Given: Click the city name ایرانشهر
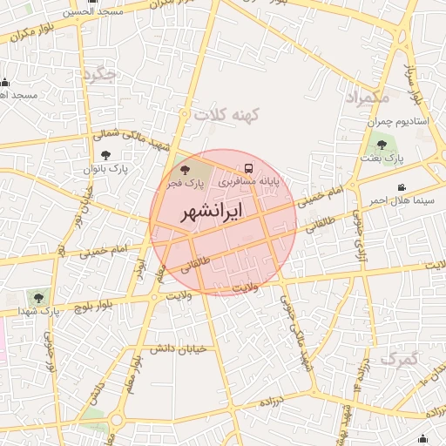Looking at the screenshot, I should tap(210, 213).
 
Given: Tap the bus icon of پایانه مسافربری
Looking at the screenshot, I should tap(249, 167).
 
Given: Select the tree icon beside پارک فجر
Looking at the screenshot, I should tap(183, 168).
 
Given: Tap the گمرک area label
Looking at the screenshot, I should tap(400, 358).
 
